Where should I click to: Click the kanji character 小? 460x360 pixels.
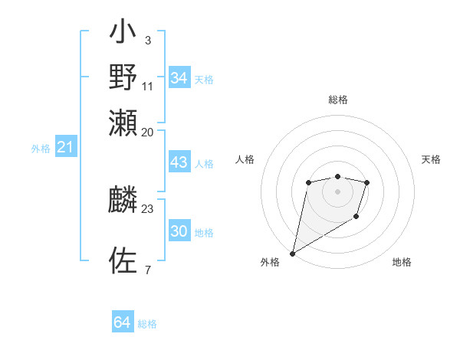point(123,35)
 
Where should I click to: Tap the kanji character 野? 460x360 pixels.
point(123,77)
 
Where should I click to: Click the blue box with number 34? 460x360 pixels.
point(179,78)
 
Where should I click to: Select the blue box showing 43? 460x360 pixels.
point(179,162)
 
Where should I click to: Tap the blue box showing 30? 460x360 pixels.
point(179,231)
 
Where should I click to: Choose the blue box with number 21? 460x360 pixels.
point(65,148)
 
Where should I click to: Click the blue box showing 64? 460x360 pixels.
point(123,322)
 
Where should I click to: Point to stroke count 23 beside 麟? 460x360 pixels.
point(147,208)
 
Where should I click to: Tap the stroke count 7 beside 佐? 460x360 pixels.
point(147,269)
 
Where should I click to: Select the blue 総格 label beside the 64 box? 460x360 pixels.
point(147,324)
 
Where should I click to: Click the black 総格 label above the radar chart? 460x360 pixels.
point(337,100)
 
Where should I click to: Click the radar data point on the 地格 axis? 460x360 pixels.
point(356,217)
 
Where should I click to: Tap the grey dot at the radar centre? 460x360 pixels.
point(337,191)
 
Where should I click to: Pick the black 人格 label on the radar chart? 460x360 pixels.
point(245,159)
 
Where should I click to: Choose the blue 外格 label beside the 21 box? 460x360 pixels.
point(40,149)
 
